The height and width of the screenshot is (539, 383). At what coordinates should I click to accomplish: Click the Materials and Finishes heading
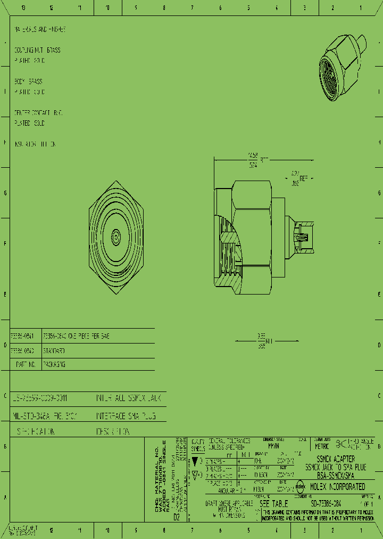tap(40, 29)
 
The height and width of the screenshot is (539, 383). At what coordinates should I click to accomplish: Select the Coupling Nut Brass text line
tap(37, 50)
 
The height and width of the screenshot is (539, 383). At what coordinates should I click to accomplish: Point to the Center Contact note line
tap(38, 113)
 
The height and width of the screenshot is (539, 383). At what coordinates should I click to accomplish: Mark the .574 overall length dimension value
tap(253, 166)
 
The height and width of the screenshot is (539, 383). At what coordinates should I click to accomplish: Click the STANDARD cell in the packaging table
tap(54, 351)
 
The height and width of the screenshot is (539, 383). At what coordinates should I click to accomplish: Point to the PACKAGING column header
tap(54, 365)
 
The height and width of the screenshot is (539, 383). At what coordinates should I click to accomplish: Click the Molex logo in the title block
tap(301, 486)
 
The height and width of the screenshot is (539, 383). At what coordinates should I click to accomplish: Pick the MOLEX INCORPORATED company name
tap(338, 486)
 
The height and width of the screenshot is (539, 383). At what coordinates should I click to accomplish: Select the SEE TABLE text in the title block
tap(273, 503)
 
